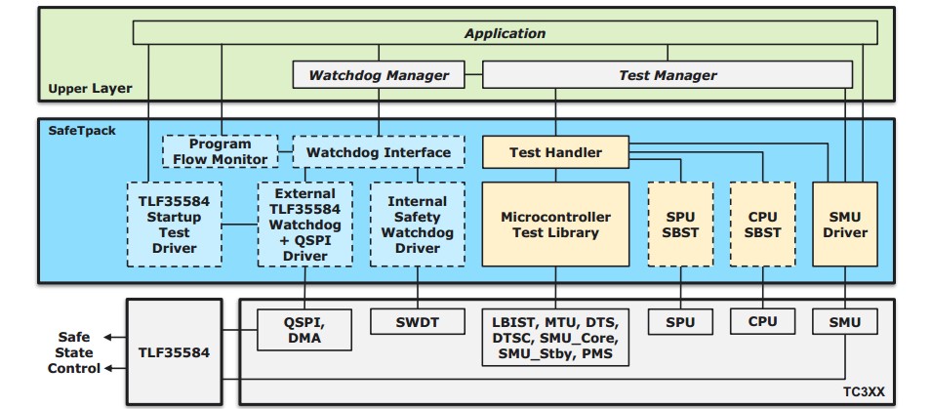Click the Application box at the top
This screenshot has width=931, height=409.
[505, 32]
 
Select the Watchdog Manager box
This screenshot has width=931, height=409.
[379, 75]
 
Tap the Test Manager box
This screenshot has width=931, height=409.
[668, 75]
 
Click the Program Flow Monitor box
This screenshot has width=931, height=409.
[221, 151]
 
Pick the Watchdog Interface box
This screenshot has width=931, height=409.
[379, 152]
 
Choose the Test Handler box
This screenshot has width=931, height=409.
[555, 152]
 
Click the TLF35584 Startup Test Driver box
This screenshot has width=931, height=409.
[174, 225]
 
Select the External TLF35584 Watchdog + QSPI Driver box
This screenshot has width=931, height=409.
[305, 225]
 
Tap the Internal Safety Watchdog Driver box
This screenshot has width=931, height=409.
[418, 225]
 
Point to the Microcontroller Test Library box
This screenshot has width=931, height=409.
[555, 225]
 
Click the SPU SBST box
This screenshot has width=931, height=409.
[680, 225]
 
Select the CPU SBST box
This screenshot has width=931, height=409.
[762, 225]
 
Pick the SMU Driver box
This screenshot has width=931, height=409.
[844, 225]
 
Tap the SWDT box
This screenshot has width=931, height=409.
[417, 322]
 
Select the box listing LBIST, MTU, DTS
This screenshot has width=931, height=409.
[555, 337]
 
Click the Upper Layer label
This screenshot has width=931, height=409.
[90, 89]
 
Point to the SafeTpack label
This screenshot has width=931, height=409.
[82, 130]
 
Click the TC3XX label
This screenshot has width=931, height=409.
[864, 392]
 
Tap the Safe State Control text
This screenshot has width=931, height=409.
[74, 352]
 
